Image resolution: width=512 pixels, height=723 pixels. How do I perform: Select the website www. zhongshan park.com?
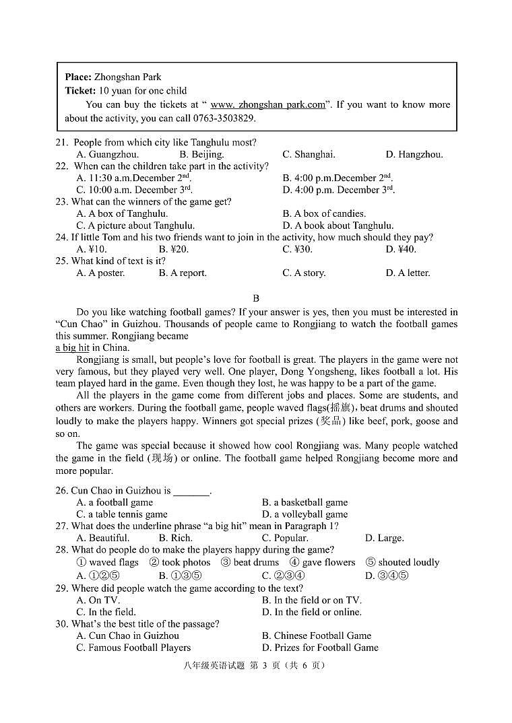[x=267, y=104]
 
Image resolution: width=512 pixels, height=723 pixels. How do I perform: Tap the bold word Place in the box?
[x=78, y=77]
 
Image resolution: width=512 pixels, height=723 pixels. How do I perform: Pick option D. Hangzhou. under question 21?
[x=414, y=154]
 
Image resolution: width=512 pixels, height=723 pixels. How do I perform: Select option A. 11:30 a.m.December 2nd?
[x=133, y=178]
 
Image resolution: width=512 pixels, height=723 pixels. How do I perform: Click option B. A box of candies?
[x=324, y=213]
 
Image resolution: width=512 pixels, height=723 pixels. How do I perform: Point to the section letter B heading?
[x=256, y=298]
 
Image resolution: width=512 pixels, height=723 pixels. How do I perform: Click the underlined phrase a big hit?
[x=72, y=347]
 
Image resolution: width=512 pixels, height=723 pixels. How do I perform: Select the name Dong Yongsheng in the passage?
[x=302, y=372]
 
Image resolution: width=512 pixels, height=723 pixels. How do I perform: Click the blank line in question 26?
[x=191, y=491]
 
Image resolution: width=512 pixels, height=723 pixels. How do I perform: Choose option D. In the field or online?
[x=311, y=612]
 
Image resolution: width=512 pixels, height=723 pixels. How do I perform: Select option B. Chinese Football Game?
[x=316, y=635]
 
